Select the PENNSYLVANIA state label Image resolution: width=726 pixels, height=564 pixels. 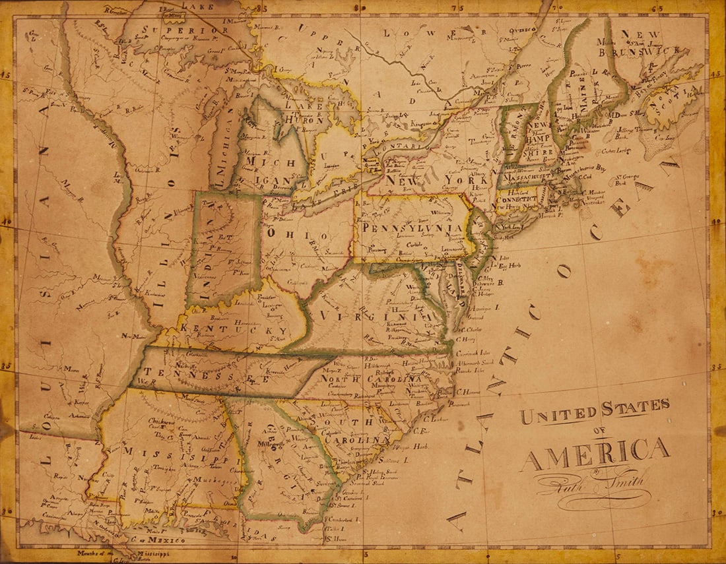click(x=412, y=228)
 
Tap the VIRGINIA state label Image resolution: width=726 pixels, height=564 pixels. click(x=373, y=316)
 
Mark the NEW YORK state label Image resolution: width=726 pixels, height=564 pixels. click(x=436, y=179)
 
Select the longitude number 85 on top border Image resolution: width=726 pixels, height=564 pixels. click(x=262, y=8)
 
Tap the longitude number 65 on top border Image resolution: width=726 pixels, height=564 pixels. click(x=657, y=8)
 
